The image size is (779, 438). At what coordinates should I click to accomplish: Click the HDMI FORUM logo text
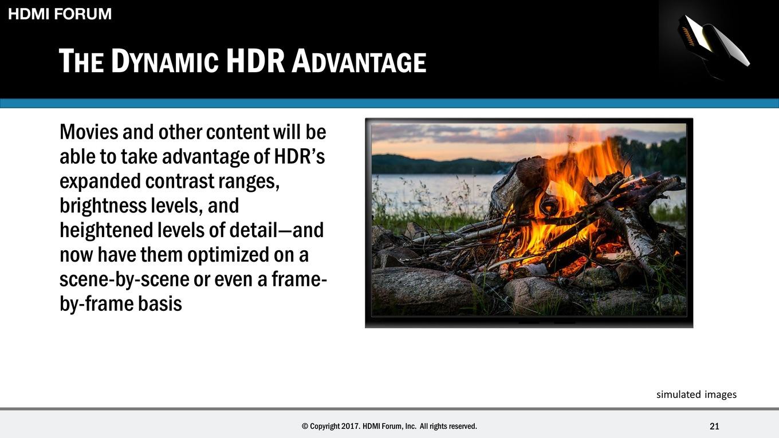click(x=60, y=14)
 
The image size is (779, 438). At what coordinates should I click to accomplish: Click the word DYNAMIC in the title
click(x=165, y=61)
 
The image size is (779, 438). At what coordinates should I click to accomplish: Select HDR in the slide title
click(x=255, y=61)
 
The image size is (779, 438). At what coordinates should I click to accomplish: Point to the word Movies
click(x=89, y=132)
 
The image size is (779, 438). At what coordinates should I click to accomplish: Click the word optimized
click(x=228, y=255)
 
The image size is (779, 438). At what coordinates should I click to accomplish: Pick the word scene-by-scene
click(x=124, y=280)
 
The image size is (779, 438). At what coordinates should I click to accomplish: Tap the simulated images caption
click(x=697, y=394)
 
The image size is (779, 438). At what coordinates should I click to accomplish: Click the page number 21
click(x=714, y=426)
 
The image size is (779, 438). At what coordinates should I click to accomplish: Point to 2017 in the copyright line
click(x=351, y=426)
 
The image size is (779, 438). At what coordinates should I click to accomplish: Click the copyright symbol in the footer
click(x=305, y=426)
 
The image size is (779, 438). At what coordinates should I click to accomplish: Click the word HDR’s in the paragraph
click(x=300, y=156)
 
